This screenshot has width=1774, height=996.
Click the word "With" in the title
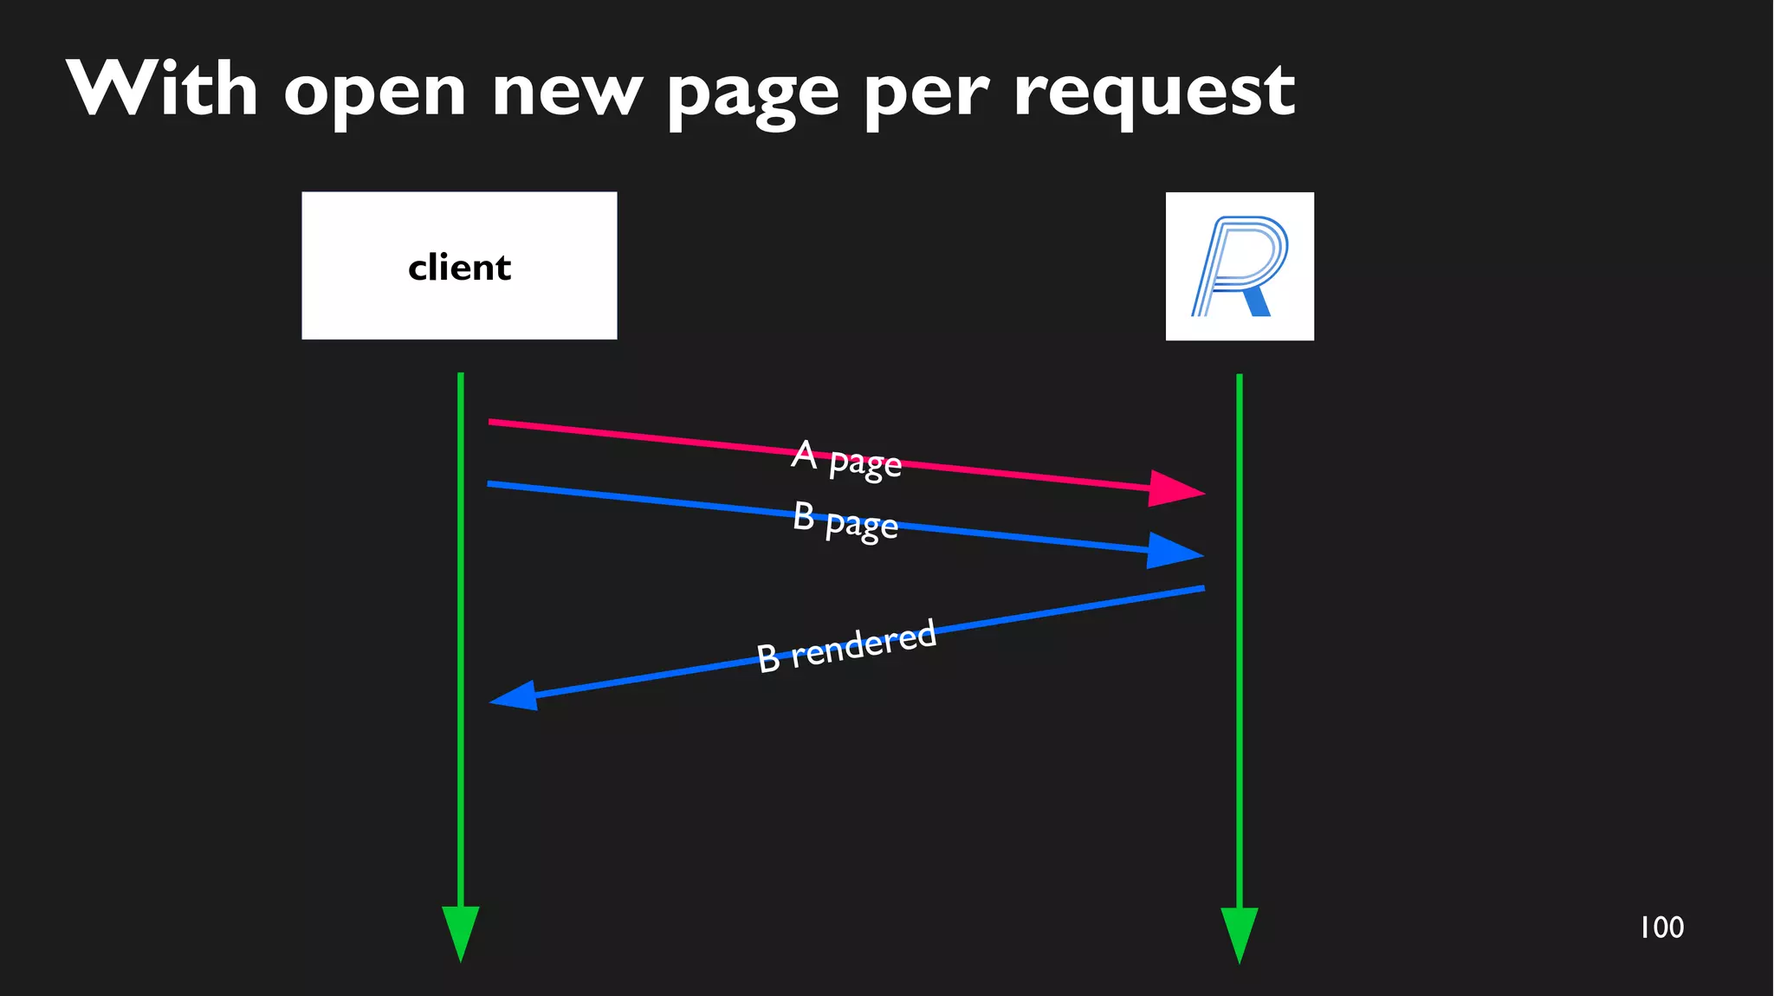point(162,89)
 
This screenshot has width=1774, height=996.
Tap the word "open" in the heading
point(374,94)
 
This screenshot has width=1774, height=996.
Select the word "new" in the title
point(567,94)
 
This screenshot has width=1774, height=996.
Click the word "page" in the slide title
point(753,95)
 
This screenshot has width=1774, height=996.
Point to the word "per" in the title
point(926,95)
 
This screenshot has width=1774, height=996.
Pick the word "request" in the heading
point(1154,94)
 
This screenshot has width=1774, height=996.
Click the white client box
point(459,266)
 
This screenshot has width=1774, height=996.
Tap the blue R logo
point(1239,266)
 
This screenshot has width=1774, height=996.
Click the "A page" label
point(846,458)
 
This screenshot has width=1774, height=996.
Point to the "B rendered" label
point(846,646)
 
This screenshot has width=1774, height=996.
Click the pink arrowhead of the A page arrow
point(1178,489)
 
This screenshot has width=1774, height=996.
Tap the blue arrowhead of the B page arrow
point(1176,551)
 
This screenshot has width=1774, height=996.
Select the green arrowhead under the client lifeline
point(461,933)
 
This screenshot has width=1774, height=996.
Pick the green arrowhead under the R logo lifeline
point(1240,934)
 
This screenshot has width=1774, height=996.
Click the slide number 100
point(1661,928)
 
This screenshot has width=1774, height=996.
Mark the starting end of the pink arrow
point(491,422)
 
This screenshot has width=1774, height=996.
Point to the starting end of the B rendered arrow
point(1201,589)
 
